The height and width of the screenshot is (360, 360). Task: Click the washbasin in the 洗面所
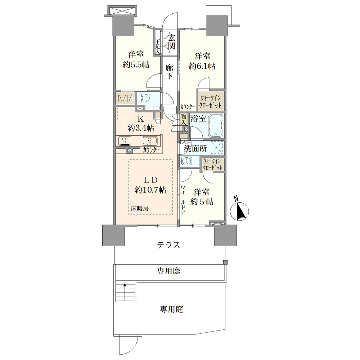tap(187, 161)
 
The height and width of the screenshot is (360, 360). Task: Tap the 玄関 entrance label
tap(171, 41)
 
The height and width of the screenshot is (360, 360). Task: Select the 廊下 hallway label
tap(170, 72)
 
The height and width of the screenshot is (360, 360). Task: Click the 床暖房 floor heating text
tap(140, 208)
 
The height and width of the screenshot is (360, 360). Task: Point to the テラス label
tap(168, 245)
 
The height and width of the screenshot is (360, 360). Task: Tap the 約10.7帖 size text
tap(150, 190)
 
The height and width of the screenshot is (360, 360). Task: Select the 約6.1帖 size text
tap(202, 66)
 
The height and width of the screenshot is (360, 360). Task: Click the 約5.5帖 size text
tap(136, 65)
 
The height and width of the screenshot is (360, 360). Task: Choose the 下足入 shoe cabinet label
tap(158, 47)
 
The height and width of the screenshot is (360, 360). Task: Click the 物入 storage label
tap(183, 120)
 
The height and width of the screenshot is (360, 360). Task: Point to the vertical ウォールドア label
tap(183, 199)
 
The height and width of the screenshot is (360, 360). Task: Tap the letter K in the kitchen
tap(140, 119)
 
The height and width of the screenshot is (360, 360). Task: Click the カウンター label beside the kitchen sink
tap(151, 150)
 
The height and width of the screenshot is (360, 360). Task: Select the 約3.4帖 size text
tap(141, 128)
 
